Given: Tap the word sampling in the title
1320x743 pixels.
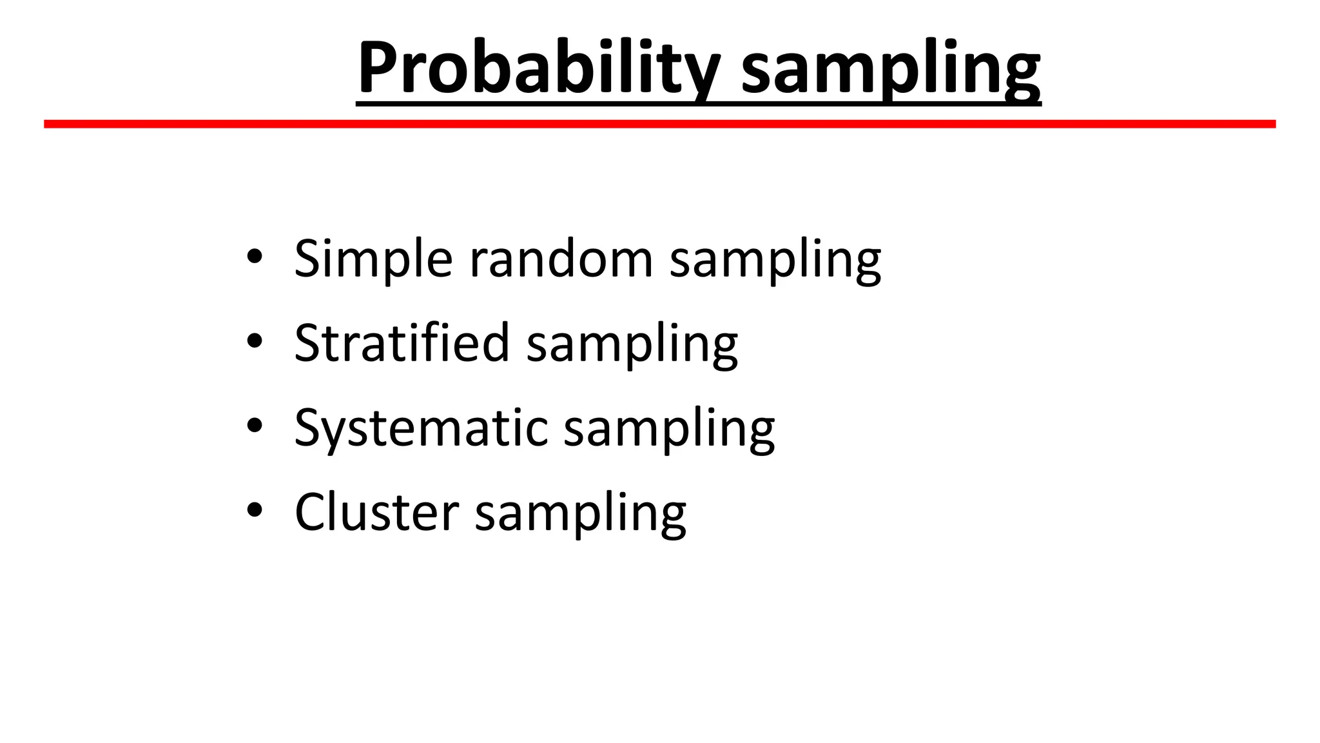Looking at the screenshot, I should [x=891, y=70].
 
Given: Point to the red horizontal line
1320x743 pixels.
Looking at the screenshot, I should [x=659, y=124].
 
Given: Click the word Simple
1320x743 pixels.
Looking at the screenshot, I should [x=373, y=259].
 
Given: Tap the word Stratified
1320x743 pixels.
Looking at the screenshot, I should [x=402, y=342].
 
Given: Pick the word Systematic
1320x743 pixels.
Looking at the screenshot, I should [x=420, y=428].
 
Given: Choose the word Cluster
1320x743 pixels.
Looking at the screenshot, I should [x=376, y=512].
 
